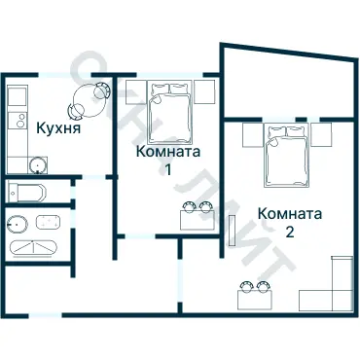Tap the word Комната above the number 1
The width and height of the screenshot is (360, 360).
168,152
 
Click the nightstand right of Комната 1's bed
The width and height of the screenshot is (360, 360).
204,91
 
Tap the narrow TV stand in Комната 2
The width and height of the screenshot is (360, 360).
233,230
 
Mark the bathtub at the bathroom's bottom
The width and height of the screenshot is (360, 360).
35,247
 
